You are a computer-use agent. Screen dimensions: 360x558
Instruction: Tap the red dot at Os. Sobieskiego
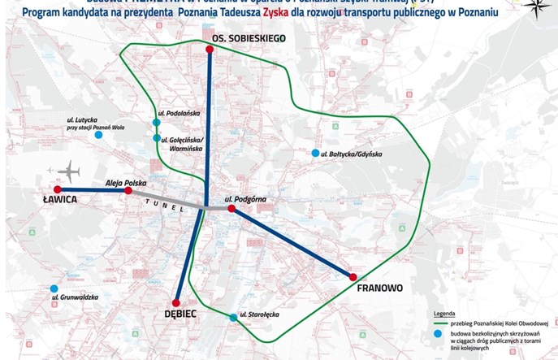(x=210, y=50)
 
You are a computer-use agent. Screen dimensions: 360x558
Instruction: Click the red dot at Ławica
(x=57, y=189)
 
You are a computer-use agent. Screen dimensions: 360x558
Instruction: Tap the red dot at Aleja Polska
(x=128, y=192)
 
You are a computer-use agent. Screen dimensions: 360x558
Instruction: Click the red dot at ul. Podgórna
(x=231, y=209)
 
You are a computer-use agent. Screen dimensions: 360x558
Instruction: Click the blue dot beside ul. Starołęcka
(x=231, y=316)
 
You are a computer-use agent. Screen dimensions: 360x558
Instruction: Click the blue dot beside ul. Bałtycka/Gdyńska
(x=315, y=153)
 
